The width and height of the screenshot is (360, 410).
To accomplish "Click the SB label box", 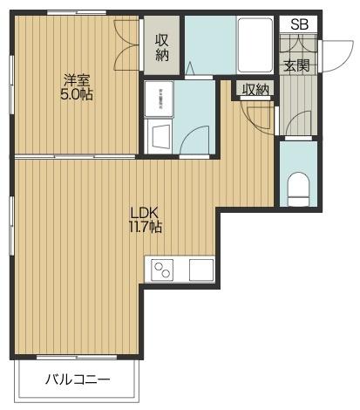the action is [298, 24].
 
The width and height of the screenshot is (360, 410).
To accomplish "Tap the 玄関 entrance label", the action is [296, 65].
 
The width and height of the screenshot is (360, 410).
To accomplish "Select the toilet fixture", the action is [298, 189].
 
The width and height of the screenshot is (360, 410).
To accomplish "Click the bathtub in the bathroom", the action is [255, 45].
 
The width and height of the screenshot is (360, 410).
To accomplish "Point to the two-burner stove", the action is [162, 270].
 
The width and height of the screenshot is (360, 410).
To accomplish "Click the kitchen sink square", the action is [201, 270].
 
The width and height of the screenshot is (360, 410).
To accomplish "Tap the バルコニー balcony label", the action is [78, 379].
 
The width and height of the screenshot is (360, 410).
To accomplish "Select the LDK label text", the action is [144, 214].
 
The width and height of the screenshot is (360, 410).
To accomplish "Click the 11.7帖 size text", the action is [145, 228].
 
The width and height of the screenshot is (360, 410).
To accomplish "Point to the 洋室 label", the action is [77, 80].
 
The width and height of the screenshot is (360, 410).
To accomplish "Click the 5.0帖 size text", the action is [77, 94].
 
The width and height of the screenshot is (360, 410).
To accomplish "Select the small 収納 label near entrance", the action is [255, 89].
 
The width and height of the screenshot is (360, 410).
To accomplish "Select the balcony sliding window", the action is [77, 357].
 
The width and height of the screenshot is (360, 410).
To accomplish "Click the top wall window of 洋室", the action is [77, 12].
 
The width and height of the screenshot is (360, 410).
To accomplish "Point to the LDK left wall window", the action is [11, 226].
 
